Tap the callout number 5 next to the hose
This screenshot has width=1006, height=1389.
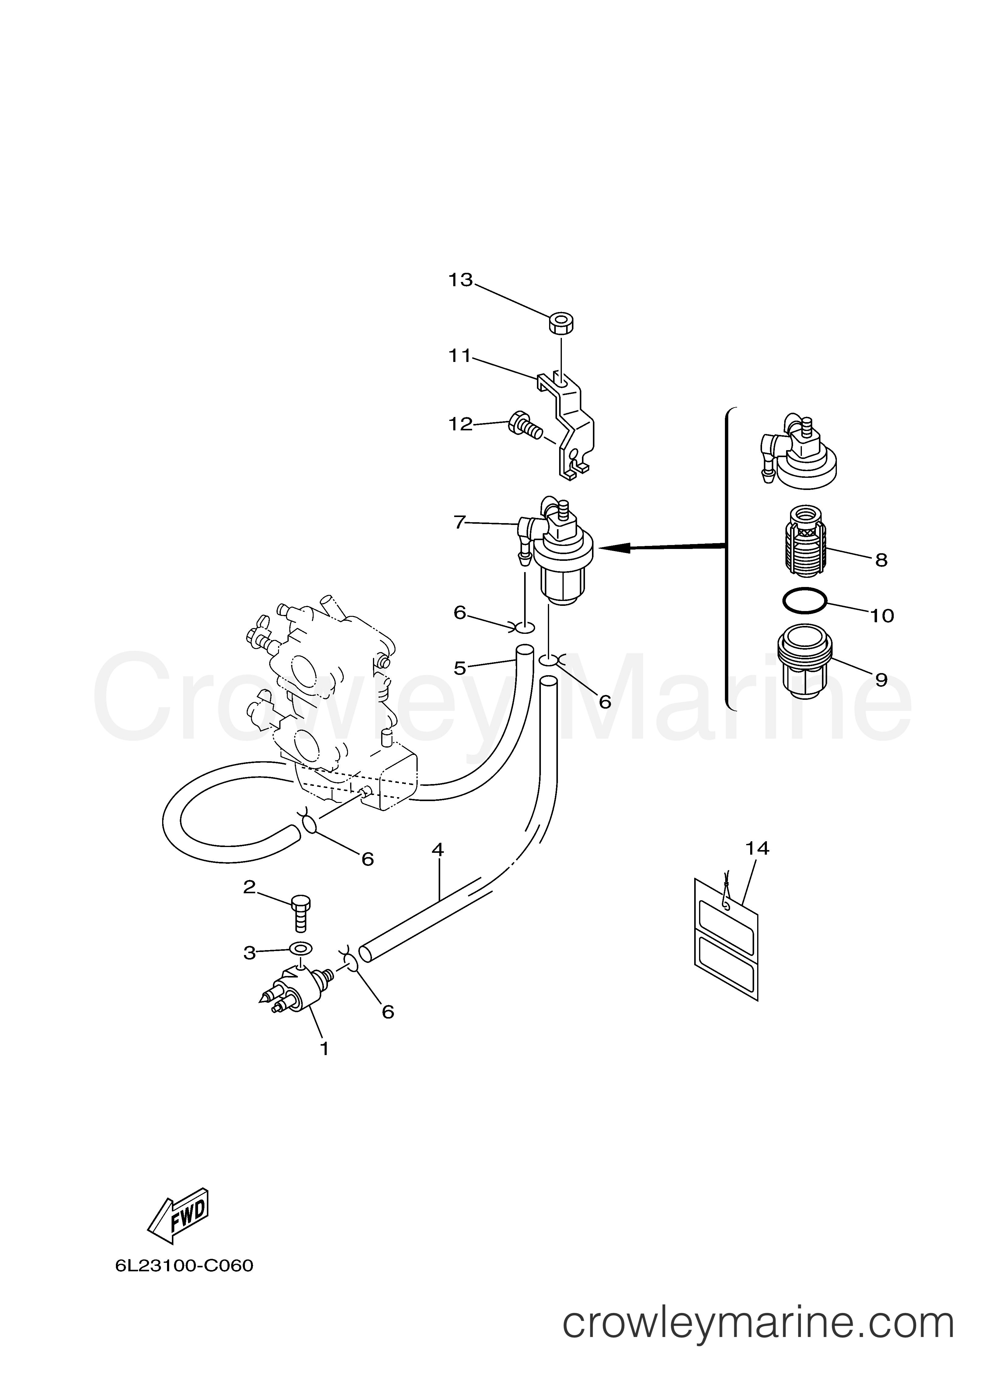(x=460, y=668)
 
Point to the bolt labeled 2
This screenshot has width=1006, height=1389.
(x=300, y=923)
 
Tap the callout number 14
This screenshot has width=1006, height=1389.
(x=757, y=848)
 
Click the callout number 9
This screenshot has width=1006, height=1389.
(x=881, y=680)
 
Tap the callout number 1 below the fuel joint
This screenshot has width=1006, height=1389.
(x=324, y=1048)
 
